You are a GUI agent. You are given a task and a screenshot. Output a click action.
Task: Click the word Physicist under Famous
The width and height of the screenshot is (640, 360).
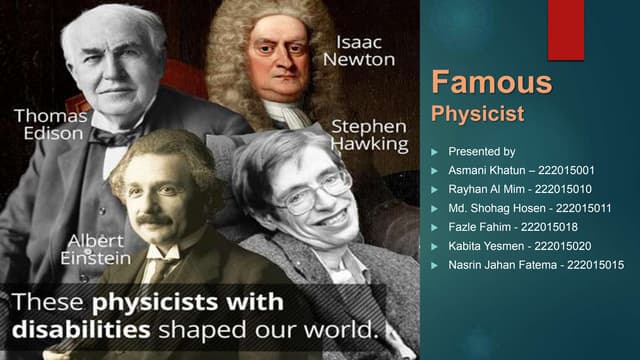coord(477,113)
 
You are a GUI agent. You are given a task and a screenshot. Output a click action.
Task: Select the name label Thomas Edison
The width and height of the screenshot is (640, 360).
coord(49,125)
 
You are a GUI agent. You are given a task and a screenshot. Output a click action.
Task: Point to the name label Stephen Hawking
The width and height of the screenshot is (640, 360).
coord(369,135)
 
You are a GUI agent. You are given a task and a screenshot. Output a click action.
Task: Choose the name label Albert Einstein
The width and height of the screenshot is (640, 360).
coord(98,249)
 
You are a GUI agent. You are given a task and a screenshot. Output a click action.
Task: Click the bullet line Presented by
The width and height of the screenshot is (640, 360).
coord(482,152)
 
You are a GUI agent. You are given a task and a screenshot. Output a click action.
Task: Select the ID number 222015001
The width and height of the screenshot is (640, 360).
coord(566,171)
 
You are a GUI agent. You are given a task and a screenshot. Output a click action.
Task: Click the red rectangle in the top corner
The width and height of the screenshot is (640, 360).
coord(567,28)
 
